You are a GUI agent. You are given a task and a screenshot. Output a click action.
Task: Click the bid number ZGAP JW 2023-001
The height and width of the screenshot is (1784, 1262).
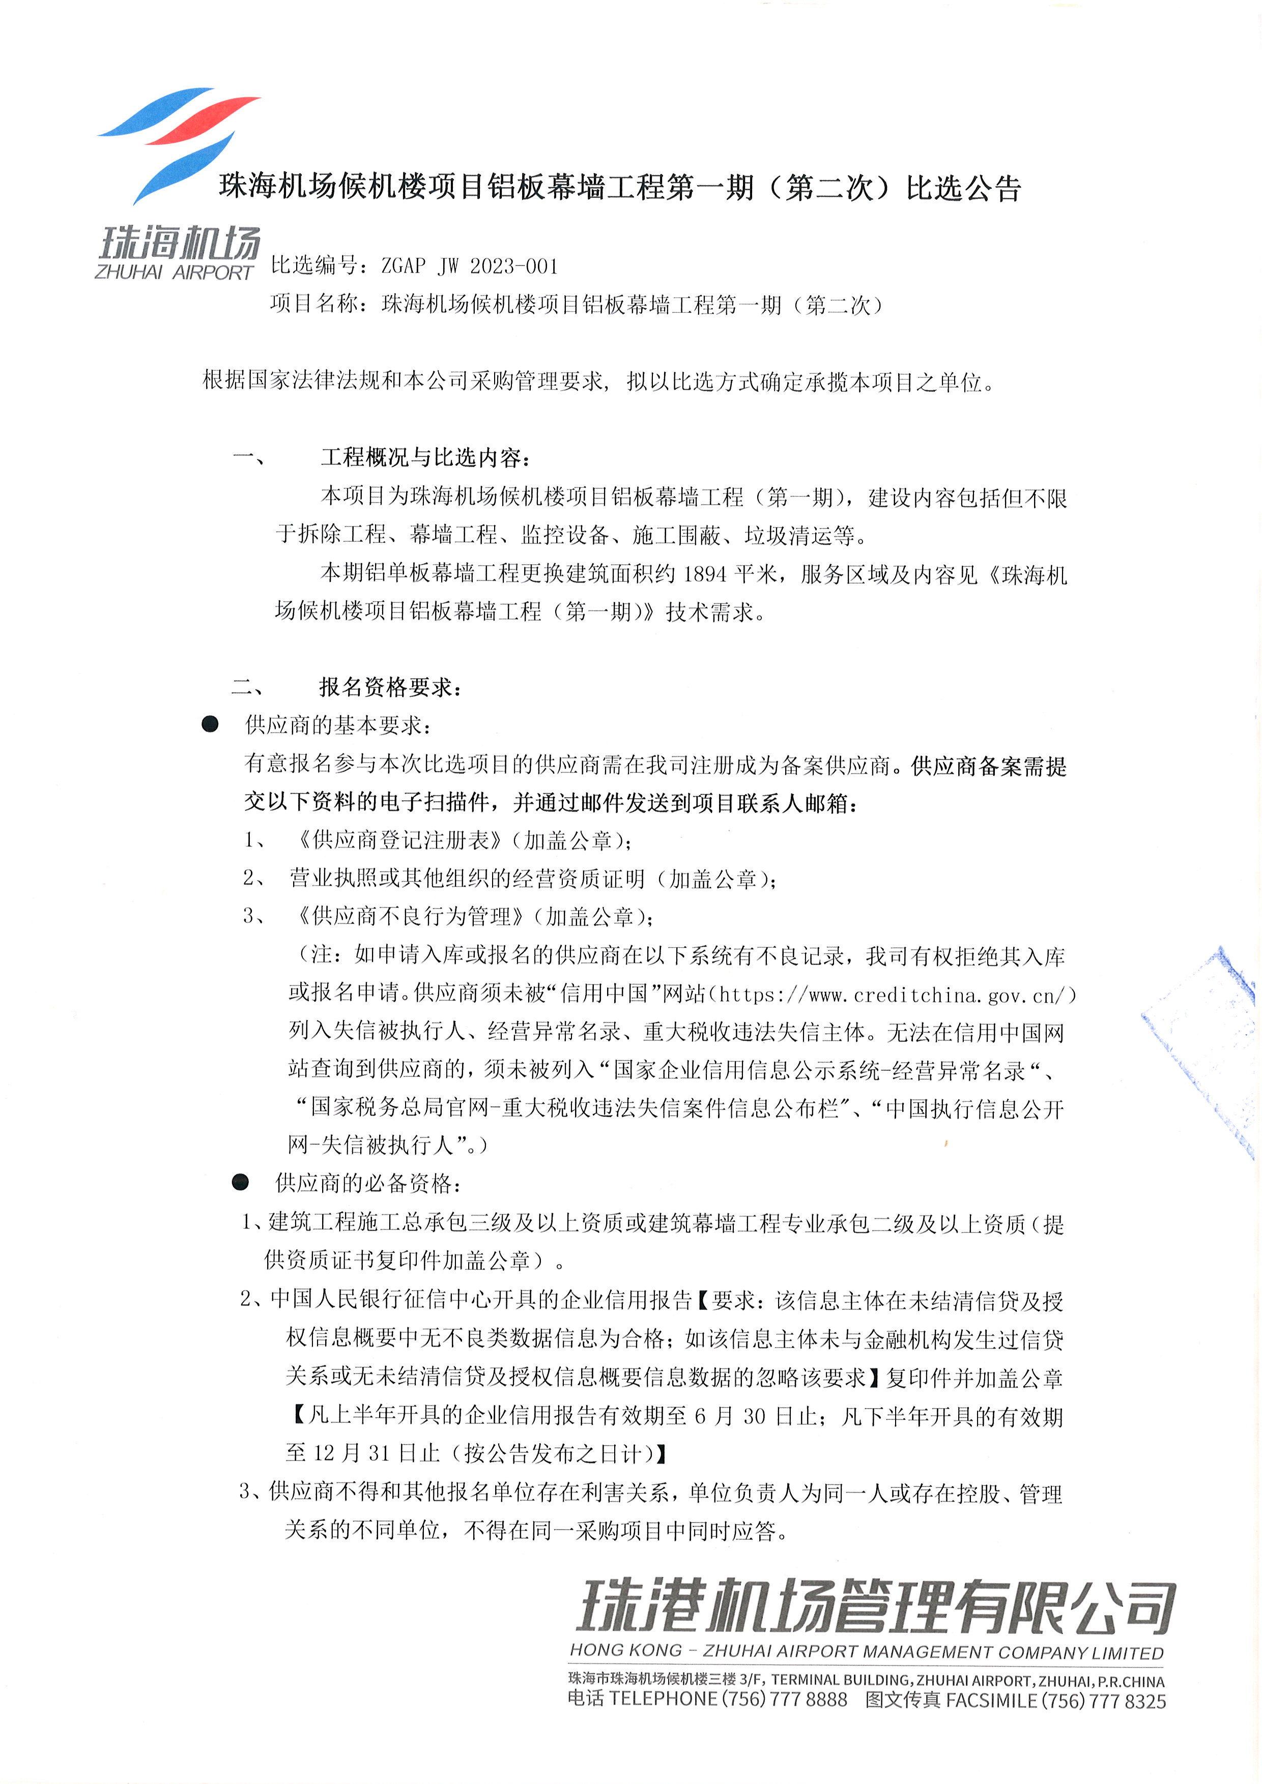(x=469, y=267)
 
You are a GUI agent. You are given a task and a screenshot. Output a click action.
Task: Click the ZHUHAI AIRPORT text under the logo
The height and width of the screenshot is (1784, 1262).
(x=174, y=273)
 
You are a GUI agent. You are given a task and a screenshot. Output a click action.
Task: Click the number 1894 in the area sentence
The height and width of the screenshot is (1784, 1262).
(x=704, y=574)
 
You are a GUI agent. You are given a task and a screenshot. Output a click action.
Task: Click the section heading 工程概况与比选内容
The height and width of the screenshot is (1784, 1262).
(x=425, y=458)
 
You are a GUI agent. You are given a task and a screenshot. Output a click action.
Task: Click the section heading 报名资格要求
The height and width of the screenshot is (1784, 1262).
(x=390, y=687)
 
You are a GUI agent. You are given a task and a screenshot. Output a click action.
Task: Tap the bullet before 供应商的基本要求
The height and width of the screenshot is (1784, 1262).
(x=210, y=725)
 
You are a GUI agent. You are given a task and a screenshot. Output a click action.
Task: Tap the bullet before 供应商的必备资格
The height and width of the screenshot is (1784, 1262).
(x=240, y=1183)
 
